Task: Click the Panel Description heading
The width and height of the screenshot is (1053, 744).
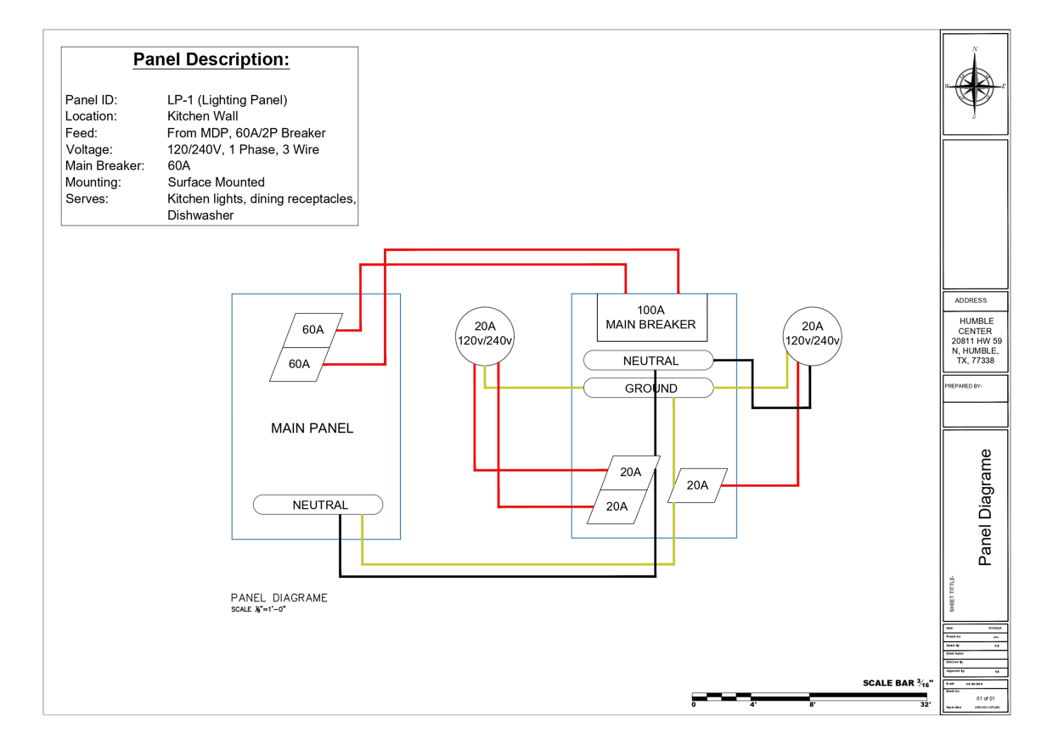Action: coord(211,60)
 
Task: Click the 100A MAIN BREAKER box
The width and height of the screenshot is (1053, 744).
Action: coord(651,317)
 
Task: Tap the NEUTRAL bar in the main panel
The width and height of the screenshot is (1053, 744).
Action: coord(318,505)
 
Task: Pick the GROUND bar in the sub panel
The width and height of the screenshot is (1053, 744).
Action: coord(649,389)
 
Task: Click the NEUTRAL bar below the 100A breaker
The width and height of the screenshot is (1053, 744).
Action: coord(649,361)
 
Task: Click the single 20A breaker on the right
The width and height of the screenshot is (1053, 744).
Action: coord(698,485)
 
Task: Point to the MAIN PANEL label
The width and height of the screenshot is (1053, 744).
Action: coord(312,428)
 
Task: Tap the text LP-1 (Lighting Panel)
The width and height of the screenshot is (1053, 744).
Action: coord(228,100)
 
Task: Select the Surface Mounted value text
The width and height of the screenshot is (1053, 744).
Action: coord(216,182)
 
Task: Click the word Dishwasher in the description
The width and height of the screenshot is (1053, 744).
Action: coord(200,215)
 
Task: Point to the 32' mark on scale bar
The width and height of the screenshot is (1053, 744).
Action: coord(925,705)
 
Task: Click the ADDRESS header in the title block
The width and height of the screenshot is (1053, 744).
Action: coord(971,300)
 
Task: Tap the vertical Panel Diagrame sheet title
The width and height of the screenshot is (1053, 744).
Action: coord(985,507)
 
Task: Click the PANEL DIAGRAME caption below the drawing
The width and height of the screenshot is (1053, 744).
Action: coord(279,598)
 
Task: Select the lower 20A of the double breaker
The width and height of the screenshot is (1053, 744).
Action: coord(618,506)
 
